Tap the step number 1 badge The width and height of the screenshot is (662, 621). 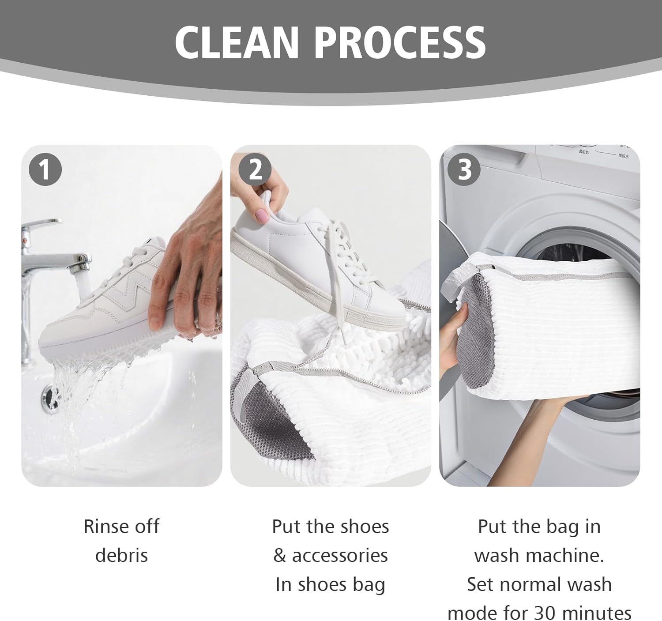(x=45, y=169)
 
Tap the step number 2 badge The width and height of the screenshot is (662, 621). (x=255, y=169)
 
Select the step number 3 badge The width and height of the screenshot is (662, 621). (x=464, y=169)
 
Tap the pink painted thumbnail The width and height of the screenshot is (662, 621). (x=262, y=215)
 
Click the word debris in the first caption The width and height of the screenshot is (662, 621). (x=121, y=555)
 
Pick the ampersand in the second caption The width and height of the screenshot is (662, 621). (x=279, y=555)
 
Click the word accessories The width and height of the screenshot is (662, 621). (x=340, y=555)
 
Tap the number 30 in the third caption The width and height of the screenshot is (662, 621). (x=545, y=613)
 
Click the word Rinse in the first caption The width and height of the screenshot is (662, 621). (x=102, y=527)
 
